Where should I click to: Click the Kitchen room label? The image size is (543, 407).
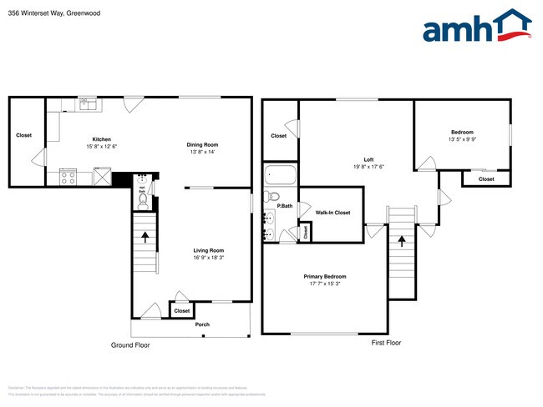click(101, 139)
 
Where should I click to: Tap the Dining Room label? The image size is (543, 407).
click(201, 144)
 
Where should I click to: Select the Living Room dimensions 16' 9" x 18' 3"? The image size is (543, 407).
click(208, 258)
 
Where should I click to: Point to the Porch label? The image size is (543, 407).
click(202, 324)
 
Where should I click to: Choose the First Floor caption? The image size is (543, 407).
click(386, 343)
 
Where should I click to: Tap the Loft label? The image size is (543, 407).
click(368, 159)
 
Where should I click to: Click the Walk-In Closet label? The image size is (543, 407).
click(332, 213)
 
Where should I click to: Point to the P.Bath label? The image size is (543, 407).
click(285, 205)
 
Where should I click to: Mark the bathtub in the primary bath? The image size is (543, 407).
click(280, 177)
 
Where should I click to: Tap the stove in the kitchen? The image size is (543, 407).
click(68, 177)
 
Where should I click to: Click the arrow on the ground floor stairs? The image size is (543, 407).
click(146, 236)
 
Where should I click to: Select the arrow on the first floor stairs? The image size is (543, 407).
click(402, 242)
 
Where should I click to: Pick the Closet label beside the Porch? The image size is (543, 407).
click(181, 311)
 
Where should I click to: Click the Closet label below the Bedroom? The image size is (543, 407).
click(485, 178)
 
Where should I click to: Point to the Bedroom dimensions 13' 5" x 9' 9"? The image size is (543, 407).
click(462, 139)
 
